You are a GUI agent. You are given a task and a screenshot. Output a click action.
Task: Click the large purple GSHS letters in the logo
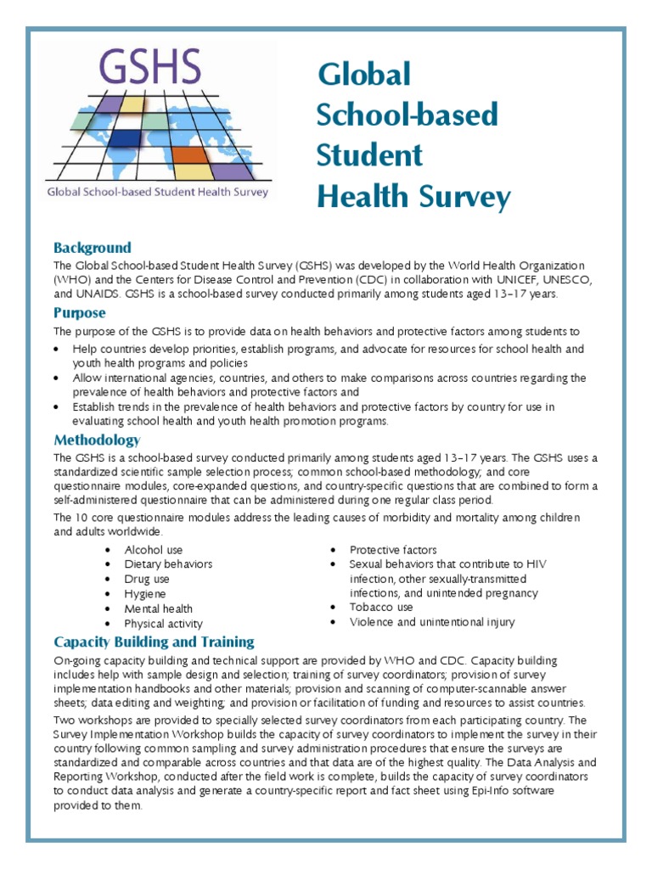150,67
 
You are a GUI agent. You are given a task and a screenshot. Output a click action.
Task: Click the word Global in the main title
364,75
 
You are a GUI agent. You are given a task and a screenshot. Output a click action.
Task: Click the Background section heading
93,248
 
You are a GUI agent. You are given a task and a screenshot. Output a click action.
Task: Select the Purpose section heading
80,313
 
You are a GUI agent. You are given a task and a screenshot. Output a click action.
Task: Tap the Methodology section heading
97,440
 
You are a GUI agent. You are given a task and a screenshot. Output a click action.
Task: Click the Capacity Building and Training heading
154,641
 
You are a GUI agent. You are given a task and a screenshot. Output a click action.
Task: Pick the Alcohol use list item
154,550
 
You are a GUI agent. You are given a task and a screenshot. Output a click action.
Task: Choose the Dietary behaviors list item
168,564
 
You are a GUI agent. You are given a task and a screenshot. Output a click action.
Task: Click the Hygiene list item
145,594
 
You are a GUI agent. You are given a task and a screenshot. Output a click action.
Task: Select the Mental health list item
159,608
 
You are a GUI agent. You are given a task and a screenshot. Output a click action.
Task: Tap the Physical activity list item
164,624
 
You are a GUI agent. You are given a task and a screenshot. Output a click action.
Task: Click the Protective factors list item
393,550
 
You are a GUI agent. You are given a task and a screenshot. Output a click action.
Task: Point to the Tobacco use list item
381,608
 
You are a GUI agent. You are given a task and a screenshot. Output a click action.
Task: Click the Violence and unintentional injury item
432,622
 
